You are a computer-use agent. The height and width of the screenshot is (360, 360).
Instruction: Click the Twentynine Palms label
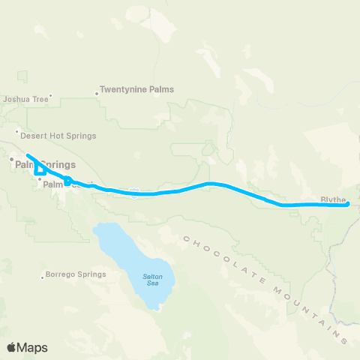(139, 89)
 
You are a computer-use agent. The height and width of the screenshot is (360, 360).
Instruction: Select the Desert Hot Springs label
(58, 136)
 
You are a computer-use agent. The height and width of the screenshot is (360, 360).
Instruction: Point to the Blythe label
(333, 199)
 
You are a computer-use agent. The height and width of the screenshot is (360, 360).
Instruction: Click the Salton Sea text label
(152, 279)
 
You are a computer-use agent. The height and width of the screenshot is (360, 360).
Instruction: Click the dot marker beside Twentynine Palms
(97, 94)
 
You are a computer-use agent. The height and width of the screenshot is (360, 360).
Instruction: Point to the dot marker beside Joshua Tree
(50, 95)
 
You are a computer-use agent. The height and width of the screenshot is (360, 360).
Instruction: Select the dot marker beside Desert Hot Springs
(16, 131)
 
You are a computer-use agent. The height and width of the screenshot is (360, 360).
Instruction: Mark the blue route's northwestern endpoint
(28, 155)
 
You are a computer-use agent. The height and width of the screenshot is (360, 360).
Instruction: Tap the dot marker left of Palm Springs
(11, 159)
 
